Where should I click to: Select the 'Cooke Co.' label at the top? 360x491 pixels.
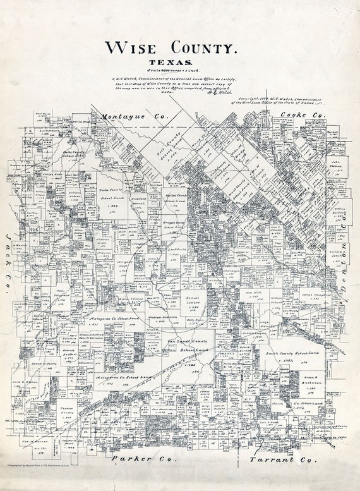(x=301, y=116)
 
